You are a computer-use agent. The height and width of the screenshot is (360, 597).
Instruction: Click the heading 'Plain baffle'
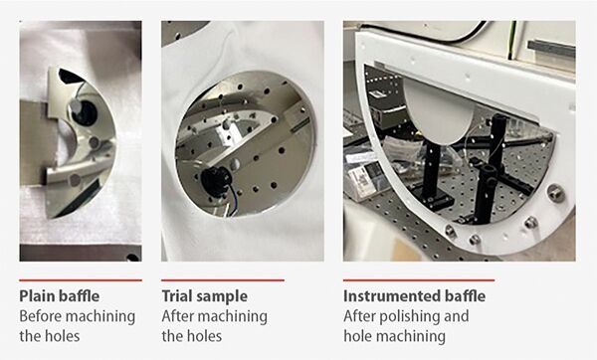coord(60,296)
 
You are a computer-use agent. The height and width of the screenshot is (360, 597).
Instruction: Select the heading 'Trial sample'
coord(204,296)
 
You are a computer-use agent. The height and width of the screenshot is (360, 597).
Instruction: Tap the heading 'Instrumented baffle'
coord(414,296)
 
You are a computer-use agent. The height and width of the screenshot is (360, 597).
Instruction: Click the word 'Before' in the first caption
coord(40,316)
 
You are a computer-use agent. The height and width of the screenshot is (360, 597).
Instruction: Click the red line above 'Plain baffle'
coord(81,280)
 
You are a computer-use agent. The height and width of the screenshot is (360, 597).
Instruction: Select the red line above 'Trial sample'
coord(223,280)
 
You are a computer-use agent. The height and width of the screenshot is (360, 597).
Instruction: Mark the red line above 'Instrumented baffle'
coord(419,280)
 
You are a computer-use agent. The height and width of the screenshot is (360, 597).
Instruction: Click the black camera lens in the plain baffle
coord(86,113)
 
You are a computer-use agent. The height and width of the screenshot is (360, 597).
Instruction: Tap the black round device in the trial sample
coord(215,182)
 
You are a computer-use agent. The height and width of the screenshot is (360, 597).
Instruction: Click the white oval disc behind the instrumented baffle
coord(439,111)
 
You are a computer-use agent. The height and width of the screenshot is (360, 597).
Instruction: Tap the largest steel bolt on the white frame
coord(555,193)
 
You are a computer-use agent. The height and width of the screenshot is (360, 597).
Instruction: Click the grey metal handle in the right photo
coord(550,49)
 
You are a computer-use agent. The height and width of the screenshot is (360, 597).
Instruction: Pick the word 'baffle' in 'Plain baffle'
coord(80,296)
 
